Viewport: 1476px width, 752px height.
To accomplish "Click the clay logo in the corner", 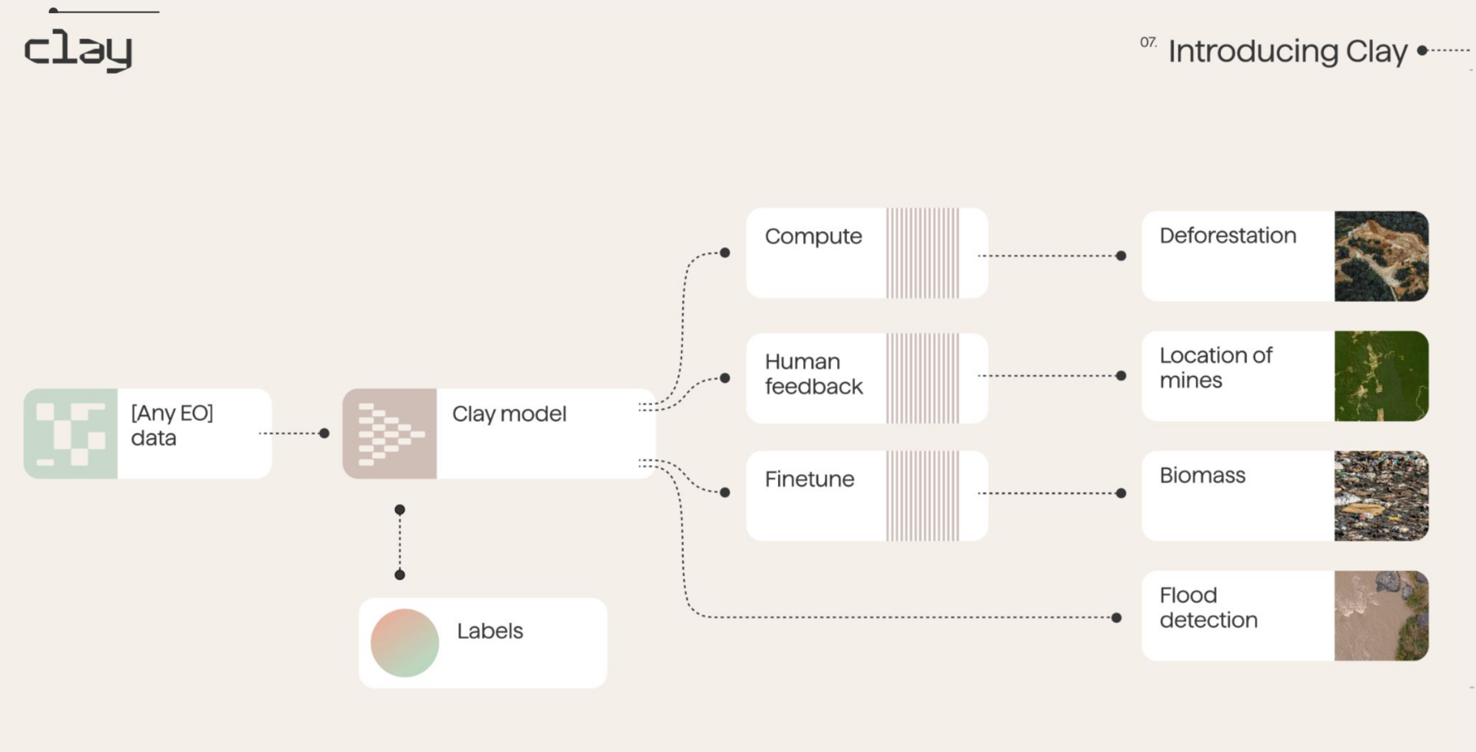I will tap(78, 50).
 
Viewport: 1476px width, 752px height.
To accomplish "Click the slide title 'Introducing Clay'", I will tap(1288, 52).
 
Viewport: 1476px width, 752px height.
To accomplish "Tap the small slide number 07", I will tap(1148, 42).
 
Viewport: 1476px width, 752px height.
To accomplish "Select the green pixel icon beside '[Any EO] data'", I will tap(71, 434).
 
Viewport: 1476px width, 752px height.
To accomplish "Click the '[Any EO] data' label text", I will tap(171, 425).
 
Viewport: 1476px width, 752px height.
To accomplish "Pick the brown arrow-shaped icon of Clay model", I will tap(390, 434).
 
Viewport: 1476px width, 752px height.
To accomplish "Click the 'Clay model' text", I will tap(509, 414).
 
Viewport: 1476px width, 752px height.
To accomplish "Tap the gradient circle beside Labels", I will tap(404, 643).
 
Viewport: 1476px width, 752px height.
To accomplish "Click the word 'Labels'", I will tap(490, 631).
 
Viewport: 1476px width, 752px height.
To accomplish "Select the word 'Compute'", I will tap(813, 236).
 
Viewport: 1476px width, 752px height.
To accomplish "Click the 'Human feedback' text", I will tap(813, 374).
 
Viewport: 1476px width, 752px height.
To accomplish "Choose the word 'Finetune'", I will tap(809, 479).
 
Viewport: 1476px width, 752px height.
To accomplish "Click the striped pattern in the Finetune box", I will tap(922, 496).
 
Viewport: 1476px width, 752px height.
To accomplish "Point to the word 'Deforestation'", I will tap(1228, 235).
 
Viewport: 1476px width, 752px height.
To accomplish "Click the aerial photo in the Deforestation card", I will tap(1381, 256).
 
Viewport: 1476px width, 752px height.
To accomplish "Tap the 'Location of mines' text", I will tap(1215, 368).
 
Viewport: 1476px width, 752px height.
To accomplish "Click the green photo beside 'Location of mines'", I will tap(1381, 376).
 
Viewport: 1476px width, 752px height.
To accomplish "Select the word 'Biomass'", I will tap(1202, 475).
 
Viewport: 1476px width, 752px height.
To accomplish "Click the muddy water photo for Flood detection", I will tap(1381, 616).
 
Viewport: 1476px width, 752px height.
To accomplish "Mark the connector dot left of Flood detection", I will tap(1116, 617).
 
